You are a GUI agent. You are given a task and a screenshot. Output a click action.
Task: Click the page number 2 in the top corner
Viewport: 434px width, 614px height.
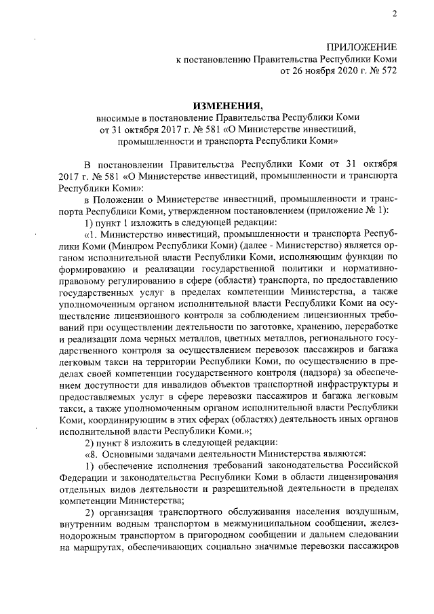point(394,14)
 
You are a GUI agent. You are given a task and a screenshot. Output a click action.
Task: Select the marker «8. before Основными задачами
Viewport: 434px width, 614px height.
point(91,453)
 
